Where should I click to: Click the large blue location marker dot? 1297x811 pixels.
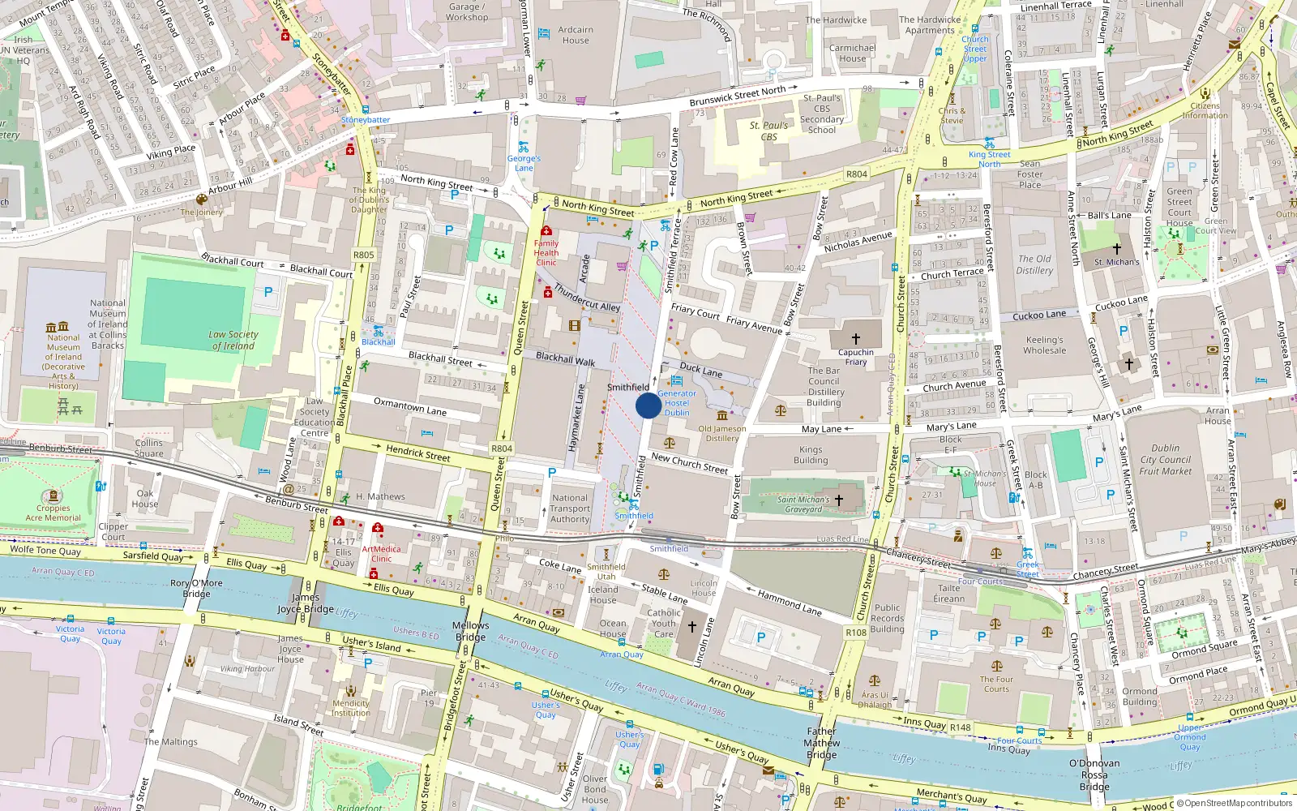pos(648,405)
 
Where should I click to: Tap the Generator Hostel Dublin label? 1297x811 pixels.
pos(677,403)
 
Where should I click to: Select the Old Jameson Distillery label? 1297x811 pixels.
pos(721,433)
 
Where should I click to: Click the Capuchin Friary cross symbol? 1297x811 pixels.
pos(856,339)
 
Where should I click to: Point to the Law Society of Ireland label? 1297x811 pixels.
pos(233,340)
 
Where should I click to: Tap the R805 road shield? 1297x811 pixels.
pos(364,255)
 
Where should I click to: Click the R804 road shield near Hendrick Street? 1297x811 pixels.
pos(502,448)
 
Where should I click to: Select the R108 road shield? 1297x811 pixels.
pos(856,633)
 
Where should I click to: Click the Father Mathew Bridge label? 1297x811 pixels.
pos(822,743)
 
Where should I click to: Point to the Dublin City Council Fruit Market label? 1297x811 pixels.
pos(1166,459)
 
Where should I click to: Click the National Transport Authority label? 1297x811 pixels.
pos(570,508)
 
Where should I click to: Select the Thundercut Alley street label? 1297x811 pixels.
pos(587,297)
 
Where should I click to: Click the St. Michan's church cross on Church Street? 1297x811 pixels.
pos(839,500)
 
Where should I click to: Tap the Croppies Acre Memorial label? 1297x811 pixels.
pos(54,513)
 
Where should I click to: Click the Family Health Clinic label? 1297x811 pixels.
pos(546,252)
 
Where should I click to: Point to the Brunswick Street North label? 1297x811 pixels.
pos(738,96)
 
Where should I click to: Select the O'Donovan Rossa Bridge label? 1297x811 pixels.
pos(1094,775)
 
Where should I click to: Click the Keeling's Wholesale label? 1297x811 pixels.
pos(1044,345)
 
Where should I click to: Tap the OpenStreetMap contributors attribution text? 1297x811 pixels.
pos(1238,804)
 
